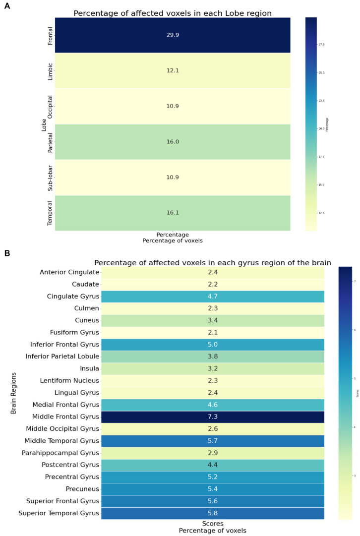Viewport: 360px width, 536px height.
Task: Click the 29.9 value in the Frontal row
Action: (173, 35)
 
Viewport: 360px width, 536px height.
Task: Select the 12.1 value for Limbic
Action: (173, 71)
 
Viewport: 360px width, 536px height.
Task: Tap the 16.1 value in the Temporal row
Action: (173, 213)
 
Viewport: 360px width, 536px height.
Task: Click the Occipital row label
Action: (50, 106)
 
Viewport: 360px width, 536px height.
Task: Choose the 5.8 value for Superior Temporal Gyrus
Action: (212, 513)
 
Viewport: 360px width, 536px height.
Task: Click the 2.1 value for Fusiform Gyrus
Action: (212, 333)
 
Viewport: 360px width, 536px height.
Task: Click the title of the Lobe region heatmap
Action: (173, 13)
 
